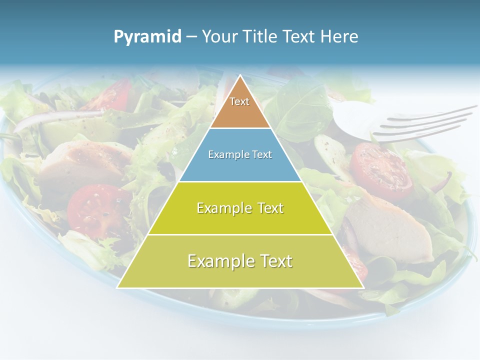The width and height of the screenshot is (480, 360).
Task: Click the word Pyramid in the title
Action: point(147,37)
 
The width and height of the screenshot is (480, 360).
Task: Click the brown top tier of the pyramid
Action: point(240,112)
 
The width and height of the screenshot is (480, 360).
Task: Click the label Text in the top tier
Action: point(239,101)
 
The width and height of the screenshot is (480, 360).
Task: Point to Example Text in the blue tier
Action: point(240,154)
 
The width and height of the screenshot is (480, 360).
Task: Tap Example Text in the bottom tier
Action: point(240,260)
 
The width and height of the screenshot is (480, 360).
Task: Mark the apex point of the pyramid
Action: point(240,76)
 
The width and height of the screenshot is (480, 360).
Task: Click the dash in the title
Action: point(191,37)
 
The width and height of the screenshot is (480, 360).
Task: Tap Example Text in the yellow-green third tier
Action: point(240,207)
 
